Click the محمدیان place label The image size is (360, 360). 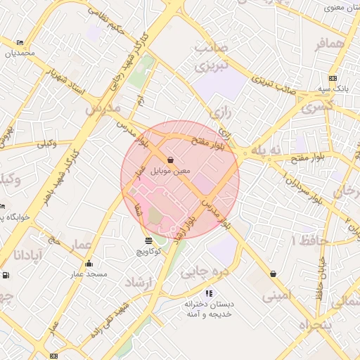pyautogui.click(x=20, y=53)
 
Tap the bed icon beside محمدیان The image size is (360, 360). pyautogui.click(x=19, y=43)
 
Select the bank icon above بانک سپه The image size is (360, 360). pyautogui.click(x=332, y=79)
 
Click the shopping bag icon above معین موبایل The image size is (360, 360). pyautogui.click(x=171, y=159)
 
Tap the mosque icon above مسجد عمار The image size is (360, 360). pyautogui.click(x=89, y=264)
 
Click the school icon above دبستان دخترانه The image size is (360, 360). pyautogui.click(x=208, y=293)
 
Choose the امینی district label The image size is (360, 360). pyautogui.click(x=276, y=296)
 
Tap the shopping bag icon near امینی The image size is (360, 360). pyautogui.click(x=272, y=274)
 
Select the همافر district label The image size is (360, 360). pyautogui.click(x=331, y=44)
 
